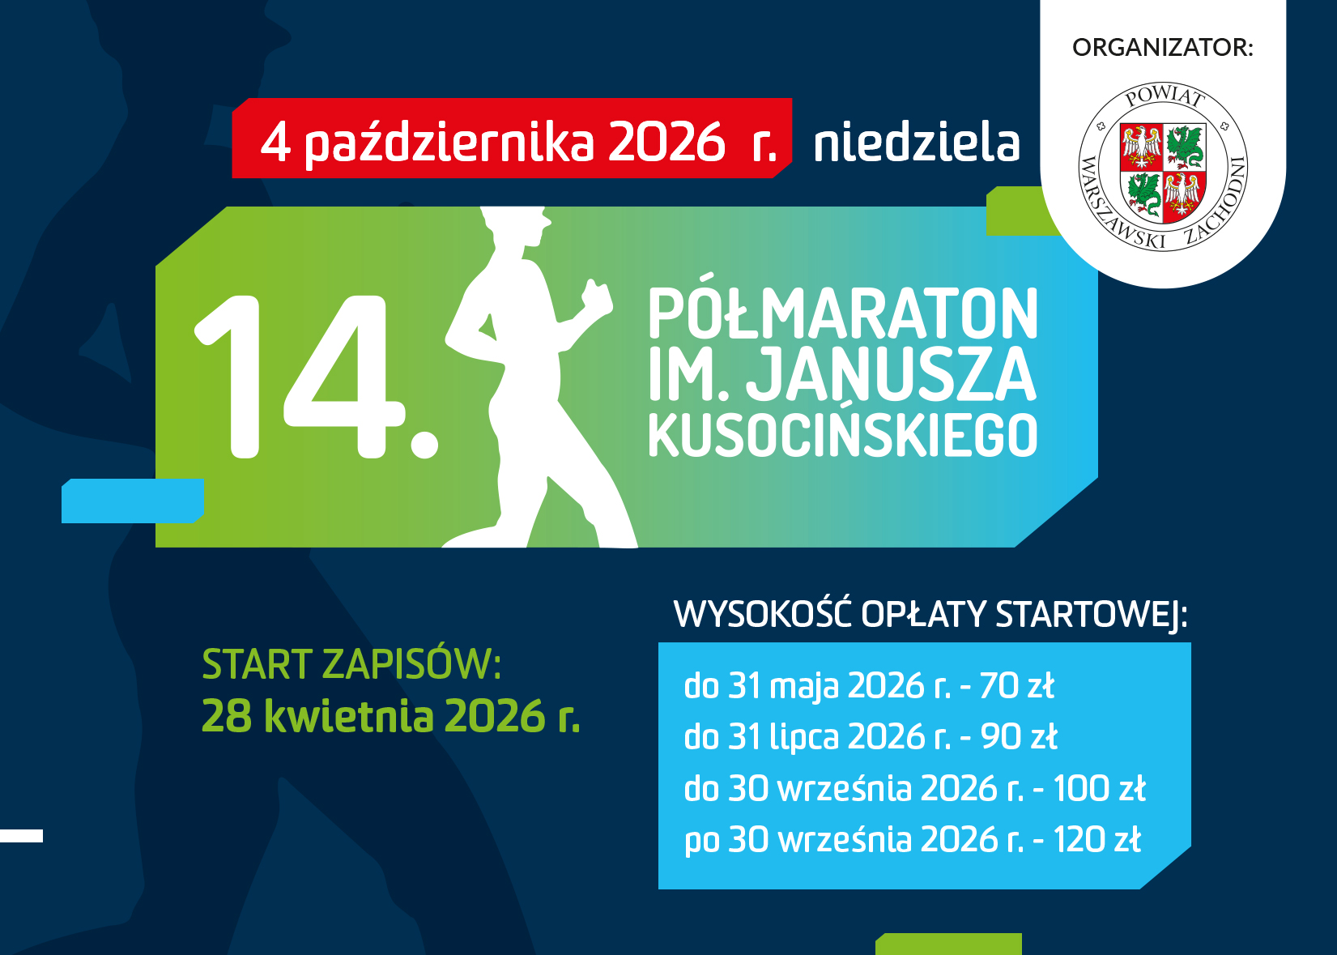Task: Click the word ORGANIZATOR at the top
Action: point(1163,47)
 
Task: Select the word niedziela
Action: point(917,143)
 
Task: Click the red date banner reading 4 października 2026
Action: point(512,138)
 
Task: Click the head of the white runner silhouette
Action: point(516,226)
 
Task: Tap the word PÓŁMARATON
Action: point(843,314)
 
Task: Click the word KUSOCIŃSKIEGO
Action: point(843,435)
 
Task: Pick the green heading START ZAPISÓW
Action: point(351,664)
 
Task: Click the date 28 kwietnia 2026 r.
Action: point(391,716)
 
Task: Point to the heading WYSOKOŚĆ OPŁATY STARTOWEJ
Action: point(930,614)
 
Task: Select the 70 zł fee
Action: point(1017,685)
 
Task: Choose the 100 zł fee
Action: point(1100,788)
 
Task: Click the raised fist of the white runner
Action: point(597,296)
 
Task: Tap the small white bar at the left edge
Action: point(22,836)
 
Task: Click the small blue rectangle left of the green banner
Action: point(133,501)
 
